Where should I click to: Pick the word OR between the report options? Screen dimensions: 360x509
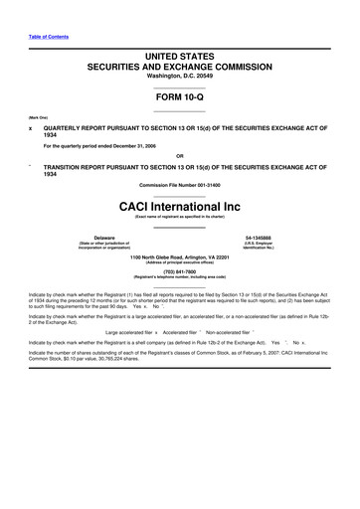(179, 155)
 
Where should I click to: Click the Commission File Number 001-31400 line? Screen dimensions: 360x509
(179, 186)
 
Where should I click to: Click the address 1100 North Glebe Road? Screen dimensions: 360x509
(179, 257)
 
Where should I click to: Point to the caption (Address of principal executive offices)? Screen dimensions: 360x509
(179, 263)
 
